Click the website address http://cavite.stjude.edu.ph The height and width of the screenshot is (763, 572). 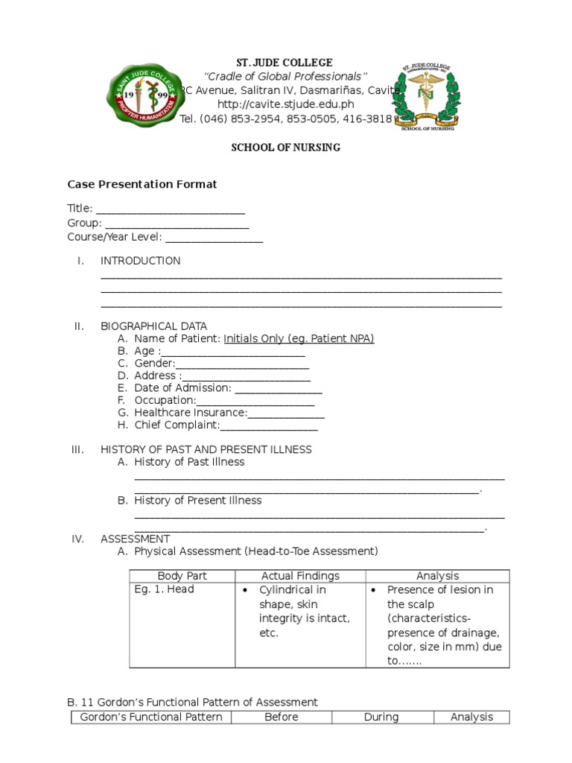point(285,104)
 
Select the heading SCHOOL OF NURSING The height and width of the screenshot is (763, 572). point(285,148)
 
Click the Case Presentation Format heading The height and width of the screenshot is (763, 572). point(142,184)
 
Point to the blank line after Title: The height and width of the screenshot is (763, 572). point(171,209)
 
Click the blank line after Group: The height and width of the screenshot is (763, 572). point(177,224)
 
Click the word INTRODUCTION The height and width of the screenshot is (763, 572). point(140,261)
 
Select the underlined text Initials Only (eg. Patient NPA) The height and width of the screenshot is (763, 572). point(299,338)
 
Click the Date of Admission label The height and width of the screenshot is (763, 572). point(182,388)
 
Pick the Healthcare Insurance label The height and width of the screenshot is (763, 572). point(190,413)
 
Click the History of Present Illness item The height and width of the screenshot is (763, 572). point(197,501)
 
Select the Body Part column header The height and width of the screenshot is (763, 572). point(182,576)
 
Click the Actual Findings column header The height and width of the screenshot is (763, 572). point(300,576)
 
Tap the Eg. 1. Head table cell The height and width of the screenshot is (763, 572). point(164,589)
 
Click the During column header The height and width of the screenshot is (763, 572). point(381,717)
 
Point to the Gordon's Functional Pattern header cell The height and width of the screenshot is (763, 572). point(151,717)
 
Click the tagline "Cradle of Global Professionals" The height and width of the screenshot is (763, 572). point(285,77)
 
